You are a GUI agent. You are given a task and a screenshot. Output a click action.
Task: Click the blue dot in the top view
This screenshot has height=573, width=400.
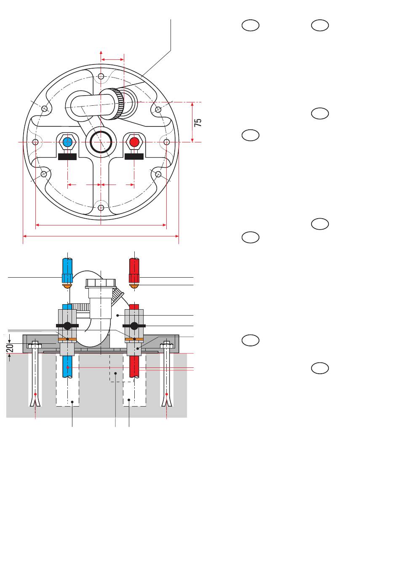tap(67, 142)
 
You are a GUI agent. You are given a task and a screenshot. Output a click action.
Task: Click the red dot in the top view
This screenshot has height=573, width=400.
tap(134, 142)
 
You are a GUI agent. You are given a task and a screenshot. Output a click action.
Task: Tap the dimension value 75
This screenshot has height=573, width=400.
tap(198, 123)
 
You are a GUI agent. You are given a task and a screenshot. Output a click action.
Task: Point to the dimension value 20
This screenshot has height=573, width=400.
tap(10, 348)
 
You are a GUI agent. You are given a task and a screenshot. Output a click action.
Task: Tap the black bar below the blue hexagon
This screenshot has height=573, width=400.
tap(67, 157)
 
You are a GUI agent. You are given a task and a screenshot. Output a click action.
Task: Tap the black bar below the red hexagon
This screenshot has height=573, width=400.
tap(134, 156)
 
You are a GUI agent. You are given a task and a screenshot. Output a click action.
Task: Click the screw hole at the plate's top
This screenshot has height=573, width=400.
tap(101, 76)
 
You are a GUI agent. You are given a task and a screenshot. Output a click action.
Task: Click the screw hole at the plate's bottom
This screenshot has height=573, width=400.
tap(101, 207)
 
